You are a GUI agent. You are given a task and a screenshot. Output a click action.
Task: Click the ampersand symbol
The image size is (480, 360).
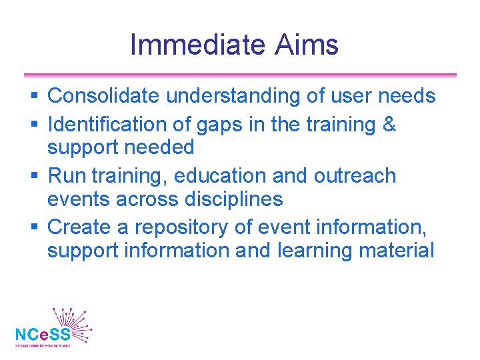[x=388, y=125]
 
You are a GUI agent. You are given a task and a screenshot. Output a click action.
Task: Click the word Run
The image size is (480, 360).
[x=67, y=176]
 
